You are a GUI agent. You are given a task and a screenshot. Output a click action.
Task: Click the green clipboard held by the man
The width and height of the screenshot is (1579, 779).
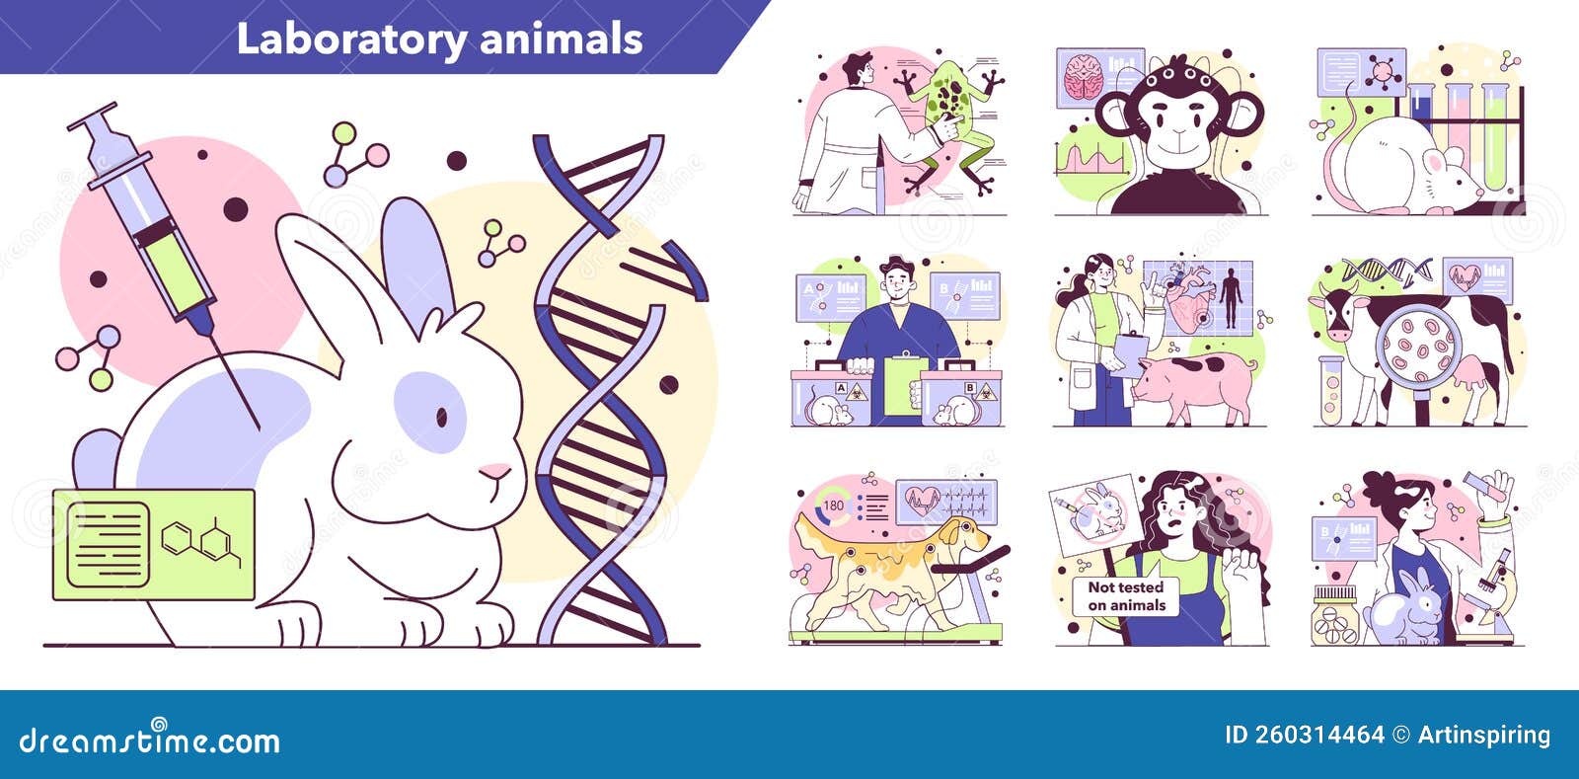(905, 385)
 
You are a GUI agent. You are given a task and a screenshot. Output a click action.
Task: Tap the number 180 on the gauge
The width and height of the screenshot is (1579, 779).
(834, 506)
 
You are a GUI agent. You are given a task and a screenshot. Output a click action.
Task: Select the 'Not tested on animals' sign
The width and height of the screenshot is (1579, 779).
(1126, 595)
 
